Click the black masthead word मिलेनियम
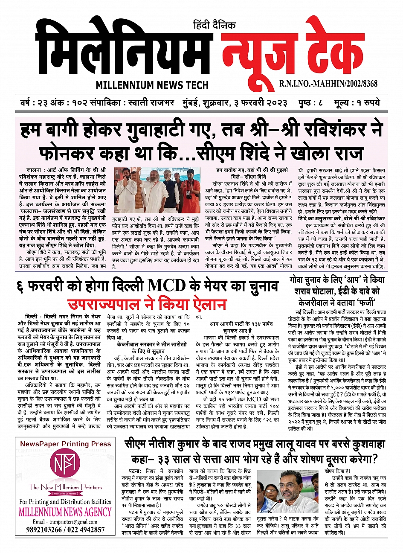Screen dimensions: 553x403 [124, 53]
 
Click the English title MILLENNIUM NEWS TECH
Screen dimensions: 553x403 [152, 85]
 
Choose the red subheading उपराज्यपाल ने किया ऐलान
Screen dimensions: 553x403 [147, 304]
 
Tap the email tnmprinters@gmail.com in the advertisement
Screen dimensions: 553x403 [65, 521]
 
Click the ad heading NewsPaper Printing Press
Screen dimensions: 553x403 [65, 444]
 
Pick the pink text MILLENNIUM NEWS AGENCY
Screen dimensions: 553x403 [65, 512]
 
